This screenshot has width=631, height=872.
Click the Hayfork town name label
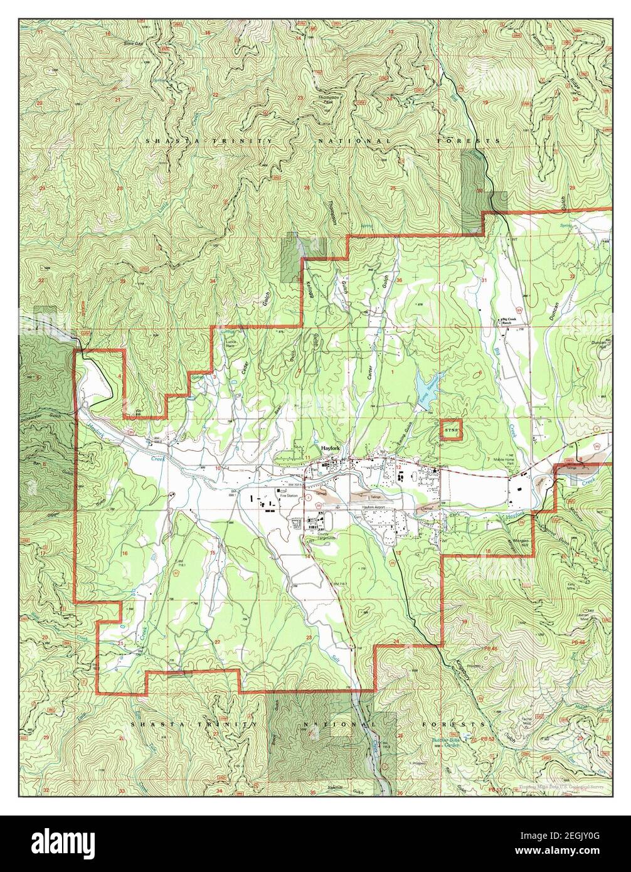point(330,449)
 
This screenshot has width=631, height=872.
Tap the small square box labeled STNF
point(450,430)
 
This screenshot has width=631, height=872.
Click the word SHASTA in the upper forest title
point(162,141)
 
